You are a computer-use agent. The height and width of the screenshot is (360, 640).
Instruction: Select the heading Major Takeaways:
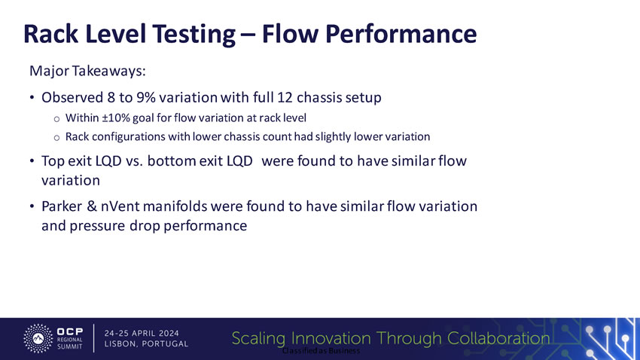(87, 71)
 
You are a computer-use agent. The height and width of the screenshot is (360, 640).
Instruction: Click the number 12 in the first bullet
(285, 97)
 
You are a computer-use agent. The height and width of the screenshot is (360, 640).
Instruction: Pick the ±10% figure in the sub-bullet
(116, 118)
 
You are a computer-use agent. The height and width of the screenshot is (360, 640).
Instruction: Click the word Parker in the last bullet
(61, 206)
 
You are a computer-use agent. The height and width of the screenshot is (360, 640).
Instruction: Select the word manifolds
(175, 206)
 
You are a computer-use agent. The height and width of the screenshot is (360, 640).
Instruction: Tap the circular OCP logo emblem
(38, 338)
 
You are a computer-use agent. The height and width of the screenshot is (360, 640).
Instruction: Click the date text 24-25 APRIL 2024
(142, 333)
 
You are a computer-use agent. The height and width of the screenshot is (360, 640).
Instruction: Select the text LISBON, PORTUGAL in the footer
(146, 344)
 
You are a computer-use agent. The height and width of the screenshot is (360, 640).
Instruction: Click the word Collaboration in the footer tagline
(498, 338)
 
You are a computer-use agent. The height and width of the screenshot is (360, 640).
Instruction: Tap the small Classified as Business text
(322, 351)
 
